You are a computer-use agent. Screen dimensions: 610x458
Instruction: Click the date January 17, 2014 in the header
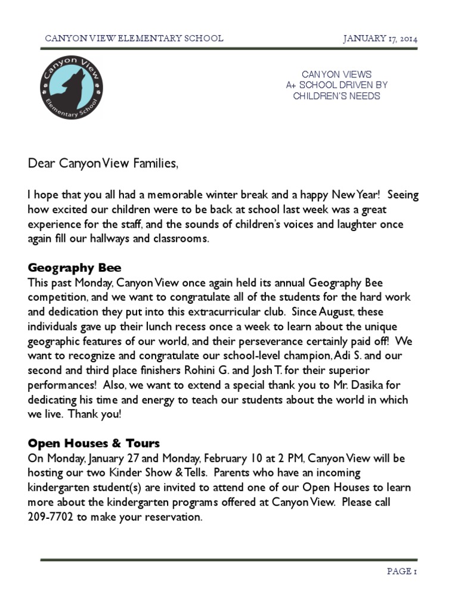tap(380, 39)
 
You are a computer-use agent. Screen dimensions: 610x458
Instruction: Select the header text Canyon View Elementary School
tap(134, 39)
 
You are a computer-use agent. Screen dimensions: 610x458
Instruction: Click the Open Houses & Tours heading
tap(94, 444)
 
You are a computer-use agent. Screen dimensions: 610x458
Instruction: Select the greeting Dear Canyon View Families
tap(103, 164)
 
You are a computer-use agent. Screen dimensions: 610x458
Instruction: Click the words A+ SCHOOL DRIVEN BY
tap(336, 85)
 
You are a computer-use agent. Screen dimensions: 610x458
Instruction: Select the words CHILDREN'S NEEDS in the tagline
tap(336, 96)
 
